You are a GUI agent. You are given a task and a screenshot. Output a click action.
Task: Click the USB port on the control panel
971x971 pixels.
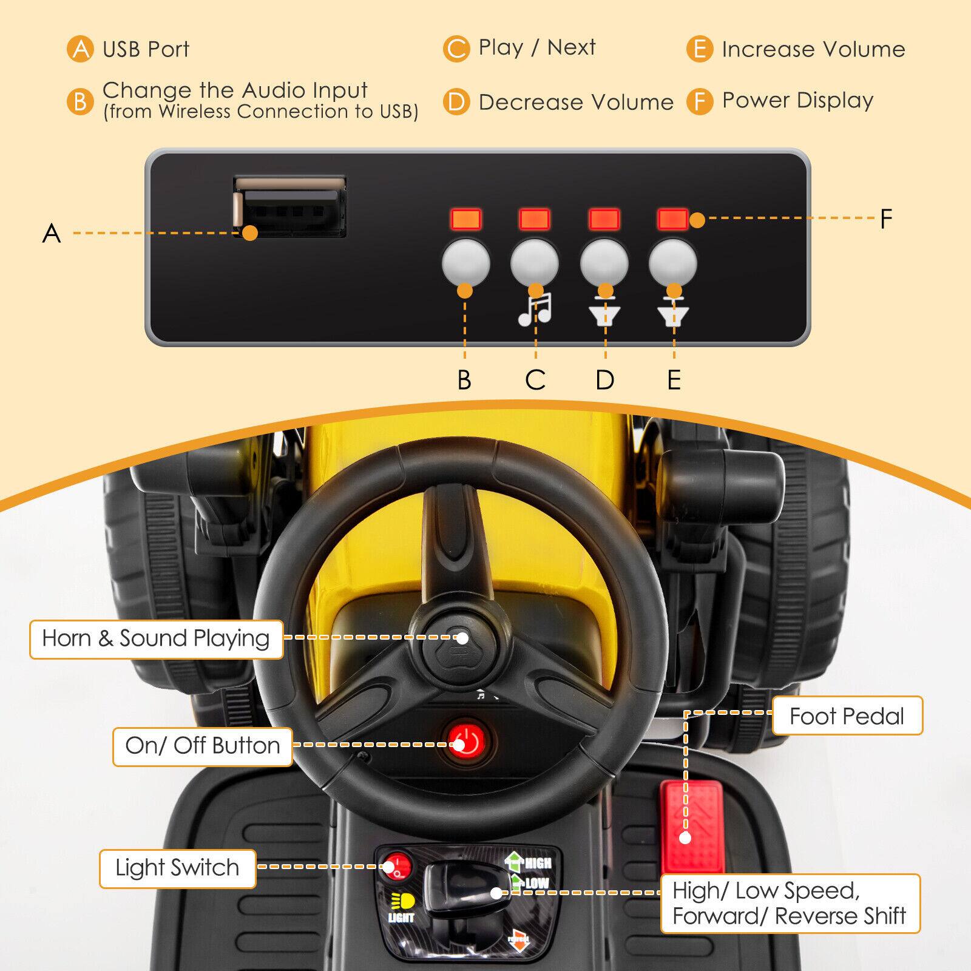point(290,207)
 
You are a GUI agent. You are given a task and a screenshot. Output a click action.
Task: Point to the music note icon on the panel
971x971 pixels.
point(535,309)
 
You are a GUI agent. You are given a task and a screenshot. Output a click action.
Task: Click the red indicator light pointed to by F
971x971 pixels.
point(672,219)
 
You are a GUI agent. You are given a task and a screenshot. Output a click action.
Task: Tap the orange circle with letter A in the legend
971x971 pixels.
point(80,49)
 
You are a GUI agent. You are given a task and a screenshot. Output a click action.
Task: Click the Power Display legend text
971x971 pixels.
point(797,100)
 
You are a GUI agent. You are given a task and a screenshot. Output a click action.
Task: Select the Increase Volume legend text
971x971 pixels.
point(813,49)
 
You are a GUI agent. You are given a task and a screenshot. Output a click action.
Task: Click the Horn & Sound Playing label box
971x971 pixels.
point(156,639)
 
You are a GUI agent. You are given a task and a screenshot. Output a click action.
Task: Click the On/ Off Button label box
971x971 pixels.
point(202,746)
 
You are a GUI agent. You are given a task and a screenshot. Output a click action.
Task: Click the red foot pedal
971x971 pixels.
point(692,826)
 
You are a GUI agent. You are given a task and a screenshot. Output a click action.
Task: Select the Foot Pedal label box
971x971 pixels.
point(847,716)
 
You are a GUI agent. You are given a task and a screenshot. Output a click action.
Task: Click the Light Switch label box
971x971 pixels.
point(177,868)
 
